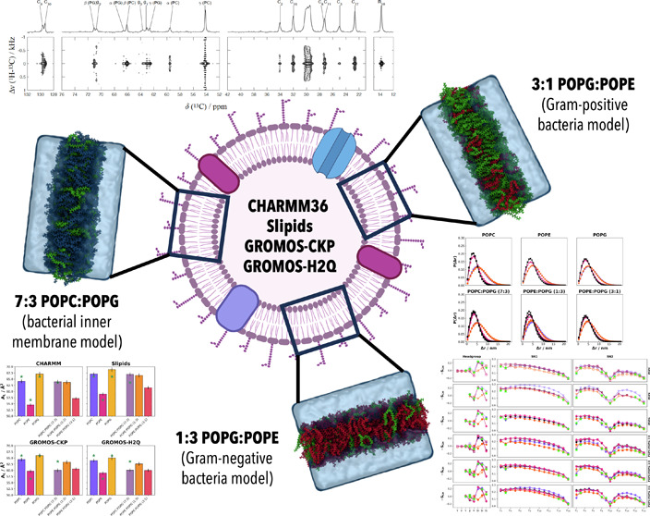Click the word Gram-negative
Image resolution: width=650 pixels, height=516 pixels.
[203, 480]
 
